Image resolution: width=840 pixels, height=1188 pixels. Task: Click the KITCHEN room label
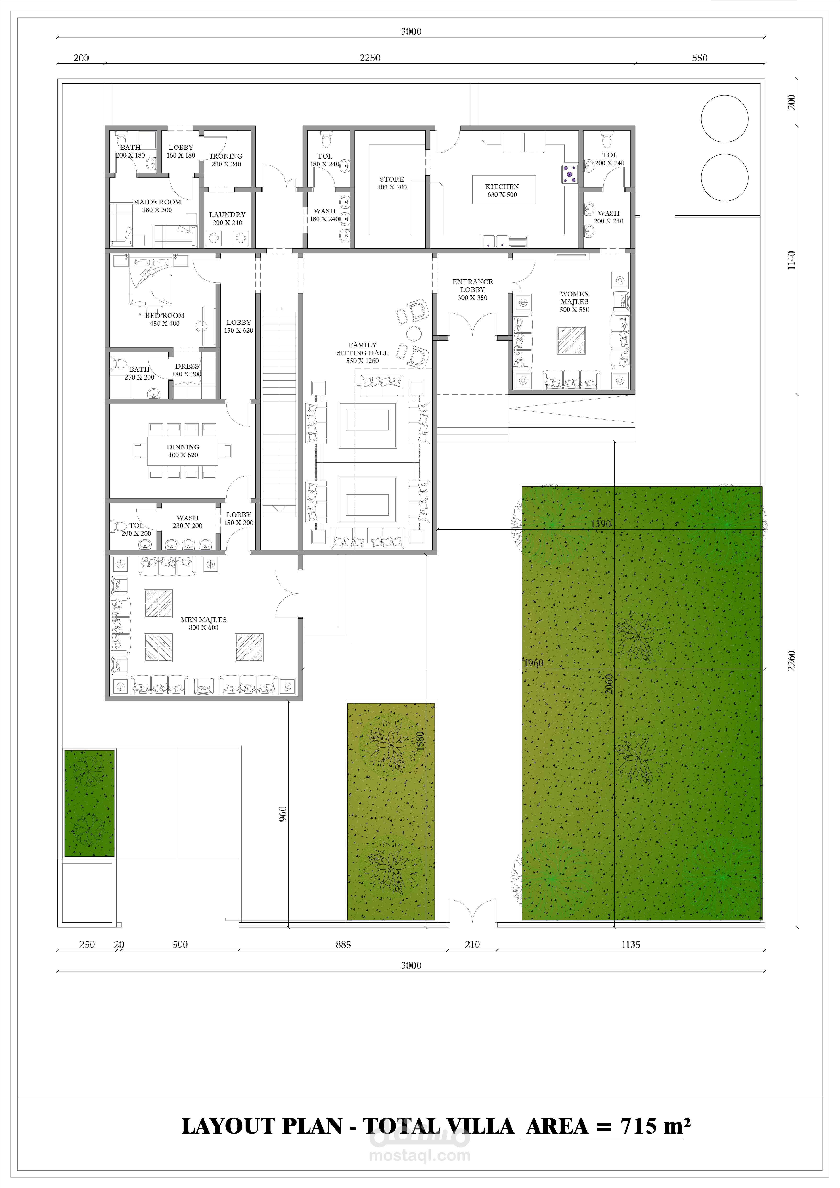pyautogui.click(x=502, y=187)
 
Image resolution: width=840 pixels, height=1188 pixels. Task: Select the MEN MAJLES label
pyautogui.click(x=203, y=619)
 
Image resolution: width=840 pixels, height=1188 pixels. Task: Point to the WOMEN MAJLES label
pyautogui.click(x=574, y=297)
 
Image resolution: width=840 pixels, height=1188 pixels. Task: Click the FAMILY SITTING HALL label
pyautogui.click(x=362, y=349)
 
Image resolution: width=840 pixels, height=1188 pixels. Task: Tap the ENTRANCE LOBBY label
pyautogui.click(x=472, y=286)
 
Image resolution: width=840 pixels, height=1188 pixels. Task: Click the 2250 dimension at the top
pyautogui.click(x=370, y=58)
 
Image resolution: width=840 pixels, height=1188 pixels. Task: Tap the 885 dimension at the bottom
pyautogui.click(x=343, y=944)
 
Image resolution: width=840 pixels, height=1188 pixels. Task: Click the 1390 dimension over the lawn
pyautogui.click(x=601, y=524)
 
